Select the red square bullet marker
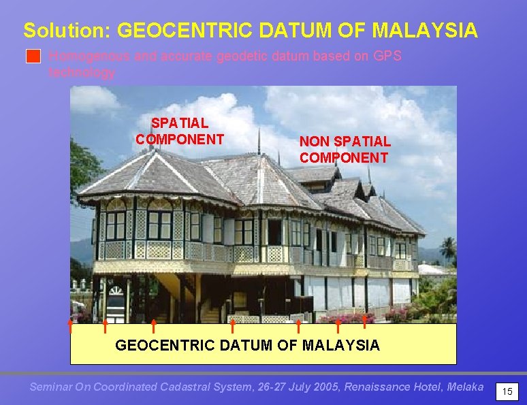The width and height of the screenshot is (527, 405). (x=33, y=57)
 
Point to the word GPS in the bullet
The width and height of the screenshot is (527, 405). (x=387, y=56)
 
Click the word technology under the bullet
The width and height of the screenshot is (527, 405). (x=82, y=73)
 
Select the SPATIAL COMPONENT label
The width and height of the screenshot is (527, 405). (x=180, y=131)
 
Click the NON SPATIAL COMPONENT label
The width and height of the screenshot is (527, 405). (x=345, y=150)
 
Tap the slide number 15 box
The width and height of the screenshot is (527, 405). (x=507, y=392)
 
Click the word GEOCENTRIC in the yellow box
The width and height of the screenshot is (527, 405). (x=165, y=346)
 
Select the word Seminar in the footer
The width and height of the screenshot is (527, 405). (x=52, y=387)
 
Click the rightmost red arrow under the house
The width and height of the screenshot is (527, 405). (x=365, y=320)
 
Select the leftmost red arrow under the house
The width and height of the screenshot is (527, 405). (x=69, y=325)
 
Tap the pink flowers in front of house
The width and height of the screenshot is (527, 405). (x=347, y=317)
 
